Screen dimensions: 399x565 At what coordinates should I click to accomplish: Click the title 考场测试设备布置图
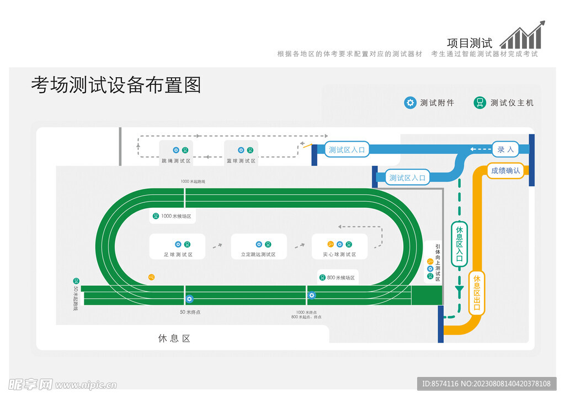pos(116,85)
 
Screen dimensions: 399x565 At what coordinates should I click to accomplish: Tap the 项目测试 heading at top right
pos(469,43)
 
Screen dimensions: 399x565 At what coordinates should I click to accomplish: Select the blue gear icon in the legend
pos(410,103)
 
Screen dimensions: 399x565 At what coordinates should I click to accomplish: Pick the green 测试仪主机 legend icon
pos(480,103)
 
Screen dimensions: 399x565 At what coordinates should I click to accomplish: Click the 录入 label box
pos(505,149)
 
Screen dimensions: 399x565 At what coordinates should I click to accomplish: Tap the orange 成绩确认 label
pos(505,171)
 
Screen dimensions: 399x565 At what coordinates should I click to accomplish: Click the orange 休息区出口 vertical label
pos(477,293)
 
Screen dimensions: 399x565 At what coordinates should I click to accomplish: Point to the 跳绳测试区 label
pos(176,161)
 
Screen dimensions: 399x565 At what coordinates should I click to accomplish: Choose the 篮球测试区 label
pos(241,161)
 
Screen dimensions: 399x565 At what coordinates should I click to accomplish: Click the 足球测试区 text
pos(178,255)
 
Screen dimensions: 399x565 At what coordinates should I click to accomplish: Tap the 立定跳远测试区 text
pos(258,255)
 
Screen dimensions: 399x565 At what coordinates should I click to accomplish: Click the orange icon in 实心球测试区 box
pos(331,244)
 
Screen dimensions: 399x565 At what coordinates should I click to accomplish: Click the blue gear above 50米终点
pos(189,299)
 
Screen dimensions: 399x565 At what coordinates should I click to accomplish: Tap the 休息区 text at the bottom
pos(174,338)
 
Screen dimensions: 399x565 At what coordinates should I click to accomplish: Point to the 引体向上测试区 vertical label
pos(438,263)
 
